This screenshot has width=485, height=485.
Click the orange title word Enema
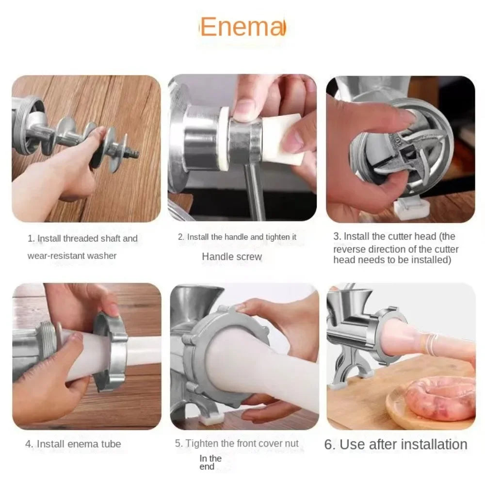242,27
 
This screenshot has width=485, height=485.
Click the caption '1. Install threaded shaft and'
82,239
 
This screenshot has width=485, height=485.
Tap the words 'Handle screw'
232,257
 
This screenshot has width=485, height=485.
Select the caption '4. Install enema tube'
73,444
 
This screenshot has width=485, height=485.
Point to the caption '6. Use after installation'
396,444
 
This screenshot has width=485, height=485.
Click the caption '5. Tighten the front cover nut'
237,444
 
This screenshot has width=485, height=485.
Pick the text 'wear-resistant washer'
72,256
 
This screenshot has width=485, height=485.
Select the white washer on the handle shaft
224,138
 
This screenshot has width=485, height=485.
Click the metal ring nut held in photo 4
111,349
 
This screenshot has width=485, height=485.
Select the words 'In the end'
210,462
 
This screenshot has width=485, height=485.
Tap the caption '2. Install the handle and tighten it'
237,237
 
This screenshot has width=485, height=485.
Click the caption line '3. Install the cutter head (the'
394,237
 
